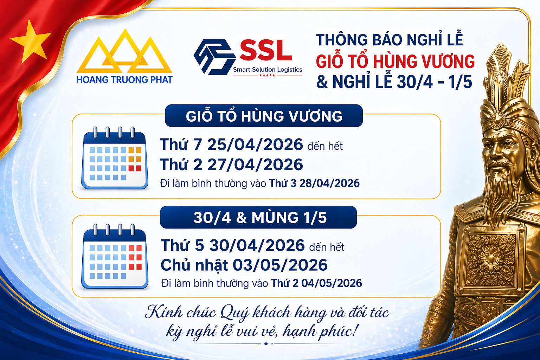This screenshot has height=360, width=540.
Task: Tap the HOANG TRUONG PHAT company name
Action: tap(124, 80)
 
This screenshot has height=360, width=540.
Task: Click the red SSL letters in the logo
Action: tap(266, 50)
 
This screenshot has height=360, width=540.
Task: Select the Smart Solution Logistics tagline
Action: tap(268, 70)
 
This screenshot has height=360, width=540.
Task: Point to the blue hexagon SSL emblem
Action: tap(214, 57)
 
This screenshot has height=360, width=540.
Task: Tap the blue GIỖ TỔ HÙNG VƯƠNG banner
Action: tap(264, 116)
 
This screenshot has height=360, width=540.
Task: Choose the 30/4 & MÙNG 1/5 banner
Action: tap(258, 217)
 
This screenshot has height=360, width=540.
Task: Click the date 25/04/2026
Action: tap(255, 145)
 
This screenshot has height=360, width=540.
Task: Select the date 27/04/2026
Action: tap(255, 165)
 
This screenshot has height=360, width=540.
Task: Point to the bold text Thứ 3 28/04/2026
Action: tap(314, 184)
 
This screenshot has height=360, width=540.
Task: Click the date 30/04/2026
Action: tap(257, 245)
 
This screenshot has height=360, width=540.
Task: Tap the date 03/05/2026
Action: tap(280, 265)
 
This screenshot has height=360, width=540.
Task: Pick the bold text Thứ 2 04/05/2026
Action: tap(316, 283)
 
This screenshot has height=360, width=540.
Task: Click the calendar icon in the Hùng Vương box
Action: tap(115, 158)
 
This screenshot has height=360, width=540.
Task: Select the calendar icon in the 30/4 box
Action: tap(115, 256)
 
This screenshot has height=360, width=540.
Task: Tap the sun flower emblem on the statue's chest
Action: tap(490, 259)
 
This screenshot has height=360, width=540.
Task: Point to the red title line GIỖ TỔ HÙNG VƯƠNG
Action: tap(395, 61)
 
